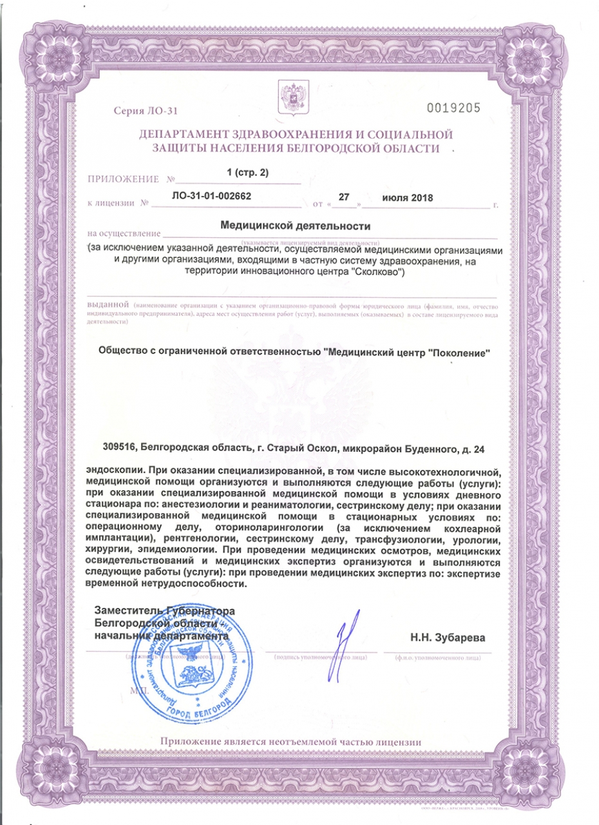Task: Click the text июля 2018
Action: pos(408,197)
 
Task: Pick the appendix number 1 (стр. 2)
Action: pos(247,173)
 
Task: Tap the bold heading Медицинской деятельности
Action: pos(296,226)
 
